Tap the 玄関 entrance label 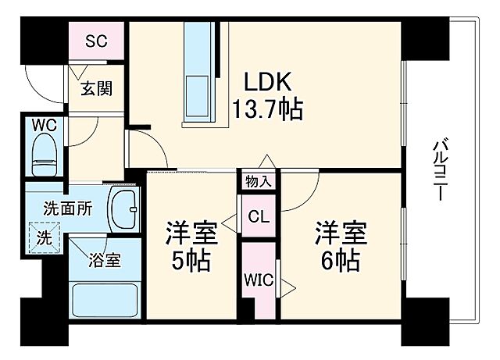(95, 88)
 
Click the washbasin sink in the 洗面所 (123, 209)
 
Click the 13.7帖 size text (266, 108)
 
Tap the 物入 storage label (259, 182)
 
